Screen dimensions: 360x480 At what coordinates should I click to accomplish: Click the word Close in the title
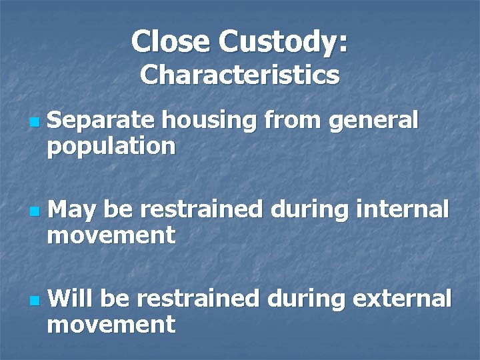click(x=171, y=41)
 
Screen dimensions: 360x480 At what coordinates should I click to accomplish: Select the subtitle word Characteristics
click(x=240, y=75)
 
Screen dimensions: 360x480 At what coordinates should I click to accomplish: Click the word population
click(x=111, y=147)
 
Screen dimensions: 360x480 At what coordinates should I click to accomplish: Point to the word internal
click(x=403, y=209)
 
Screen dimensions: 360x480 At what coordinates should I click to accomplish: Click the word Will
click(x=71, y=299)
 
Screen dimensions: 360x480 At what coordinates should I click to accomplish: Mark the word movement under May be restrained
click(x=111, y=235)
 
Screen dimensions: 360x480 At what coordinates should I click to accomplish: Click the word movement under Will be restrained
click(x=111, y=325)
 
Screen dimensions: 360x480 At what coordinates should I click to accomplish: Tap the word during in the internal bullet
click(x=309, y=211)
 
